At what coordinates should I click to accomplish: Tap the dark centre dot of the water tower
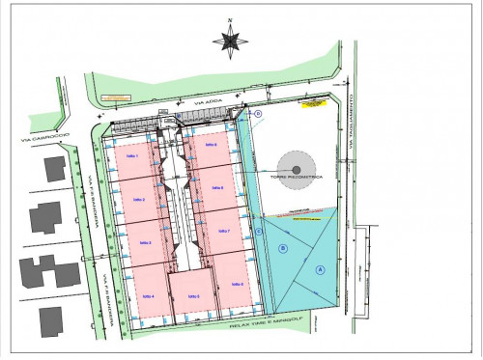297,169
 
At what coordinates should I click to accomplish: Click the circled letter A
319,270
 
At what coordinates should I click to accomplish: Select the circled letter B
283,248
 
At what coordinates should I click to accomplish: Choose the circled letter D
259,114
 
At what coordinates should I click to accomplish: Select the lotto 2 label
138,199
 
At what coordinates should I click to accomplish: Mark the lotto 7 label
220,232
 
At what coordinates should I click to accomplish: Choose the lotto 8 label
216,187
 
